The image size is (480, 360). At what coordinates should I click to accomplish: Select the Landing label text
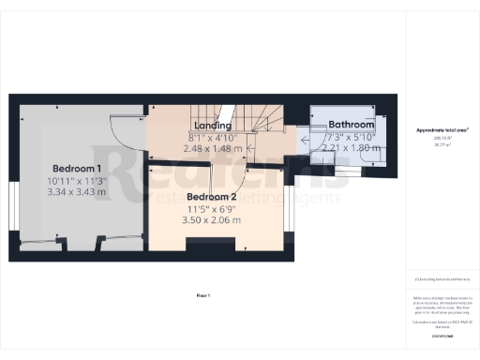[212, 125]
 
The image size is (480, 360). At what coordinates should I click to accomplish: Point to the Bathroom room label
[351, 125]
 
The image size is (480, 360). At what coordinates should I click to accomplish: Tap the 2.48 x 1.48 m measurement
[212, 148]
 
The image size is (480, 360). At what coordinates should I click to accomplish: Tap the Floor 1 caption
[202, 295]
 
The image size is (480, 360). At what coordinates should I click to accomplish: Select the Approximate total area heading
[442, 130]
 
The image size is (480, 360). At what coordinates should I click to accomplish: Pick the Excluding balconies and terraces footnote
[442, 280]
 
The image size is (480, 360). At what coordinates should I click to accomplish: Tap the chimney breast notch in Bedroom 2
[202, 246]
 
